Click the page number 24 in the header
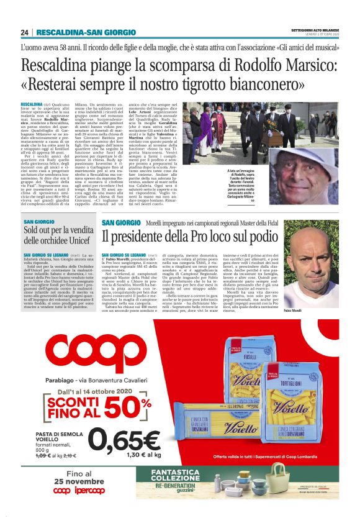click(25, 32)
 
